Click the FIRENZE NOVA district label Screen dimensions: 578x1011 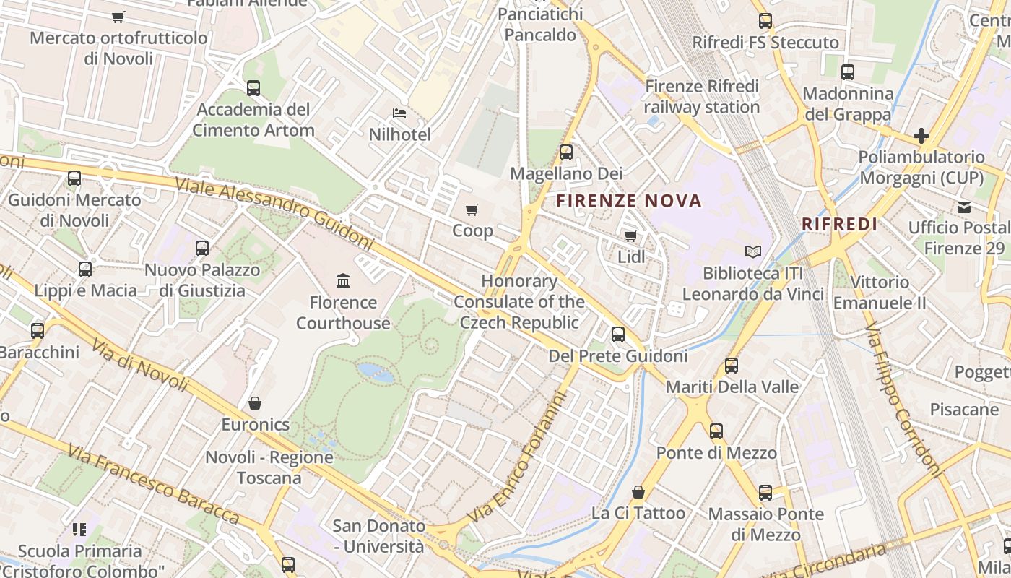[x=629, y=201]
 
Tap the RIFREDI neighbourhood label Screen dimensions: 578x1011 [x=840, y=224]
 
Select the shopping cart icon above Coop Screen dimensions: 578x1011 [x=472, y=210]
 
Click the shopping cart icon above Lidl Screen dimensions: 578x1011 [x=630, y=236]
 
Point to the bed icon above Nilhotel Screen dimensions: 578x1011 [x=399, y=113]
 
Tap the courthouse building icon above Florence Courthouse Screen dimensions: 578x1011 [x=343, y=280]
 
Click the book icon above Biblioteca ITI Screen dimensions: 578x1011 [x=753, y=252]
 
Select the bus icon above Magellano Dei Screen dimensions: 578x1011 [x=566, y=152]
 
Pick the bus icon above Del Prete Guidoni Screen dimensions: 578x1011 [x=618, y=335]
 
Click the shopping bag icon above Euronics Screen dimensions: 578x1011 [x=255, y=403]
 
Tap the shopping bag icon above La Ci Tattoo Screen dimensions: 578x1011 [x=638, y=492]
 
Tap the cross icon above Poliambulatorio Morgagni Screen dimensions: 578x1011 [x=921, y=136]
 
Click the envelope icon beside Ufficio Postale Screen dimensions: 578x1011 [x=963, y=207]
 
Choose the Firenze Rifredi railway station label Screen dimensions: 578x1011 [x=702, y=97]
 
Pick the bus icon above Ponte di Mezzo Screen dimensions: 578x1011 [x=716, y=431]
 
